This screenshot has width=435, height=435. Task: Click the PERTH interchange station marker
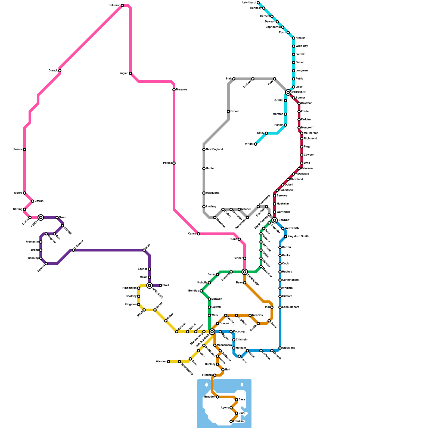point(41,217)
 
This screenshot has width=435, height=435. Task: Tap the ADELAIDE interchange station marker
point(149,285)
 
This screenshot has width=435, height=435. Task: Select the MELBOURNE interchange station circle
point(212,331)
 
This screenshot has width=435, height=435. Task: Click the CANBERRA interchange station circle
point(245,272)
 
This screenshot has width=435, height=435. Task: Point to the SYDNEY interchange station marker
point(275,220)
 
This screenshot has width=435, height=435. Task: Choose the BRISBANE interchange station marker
point(288,92)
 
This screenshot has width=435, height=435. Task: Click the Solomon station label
point(114,5)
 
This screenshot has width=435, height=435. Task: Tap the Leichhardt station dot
point(258,3)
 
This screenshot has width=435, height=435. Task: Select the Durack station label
point(53,71)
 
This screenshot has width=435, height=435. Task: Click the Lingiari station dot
point(130,73)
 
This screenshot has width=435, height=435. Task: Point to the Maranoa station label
point(182,90)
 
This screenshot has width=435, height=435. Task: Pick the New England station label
point(215,150)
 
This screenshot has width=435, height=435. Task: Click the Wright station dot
point(256,144)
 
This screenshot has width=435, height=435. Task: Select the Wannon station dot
point(169,362)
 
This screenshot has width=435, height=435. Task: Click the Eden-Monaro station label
point(291,307)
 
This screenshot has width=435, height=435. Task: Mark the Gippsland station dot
point(280,348)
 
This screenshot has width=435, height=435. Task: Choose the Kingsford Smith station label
point(298,237)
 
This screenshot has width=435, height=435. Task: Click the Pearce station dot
point(24,150)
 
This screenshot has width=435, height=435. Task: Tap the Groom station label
point(235,111)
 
